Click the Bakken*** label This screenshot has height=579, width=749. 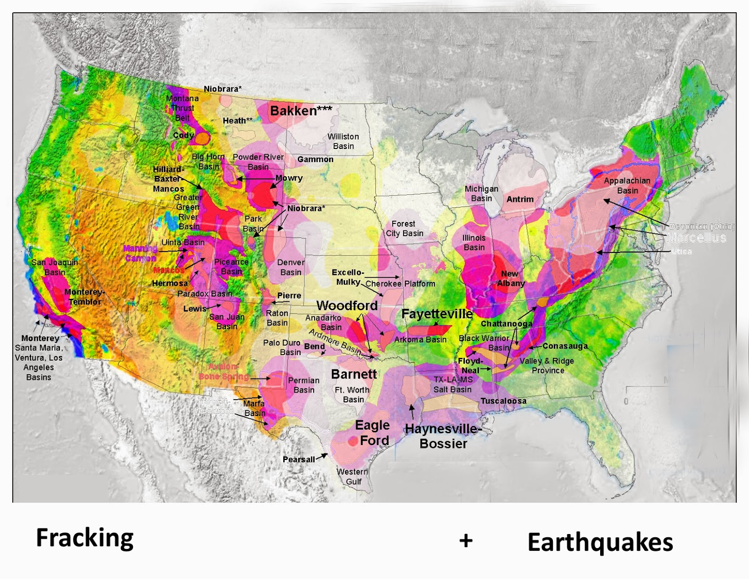coord(301,111)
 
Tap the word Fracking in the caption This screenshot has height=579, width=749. coord(85,538)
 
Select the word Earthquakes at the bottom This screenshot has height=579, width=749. coord(600,542)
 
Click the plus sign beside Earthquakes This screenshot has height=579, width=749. coord(466,541)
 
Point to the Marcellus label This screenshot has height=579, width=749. coord(696,238)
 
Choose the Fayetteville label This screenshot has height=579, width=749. coord(437,314)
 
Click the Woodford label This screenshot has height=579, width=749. coord(347,305)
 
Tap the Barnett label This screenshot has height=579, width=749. coord(354,374)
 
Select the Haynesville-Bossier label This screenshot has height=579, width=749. coord(443,436)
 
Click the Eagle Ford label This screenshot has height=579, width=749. coord(373,433)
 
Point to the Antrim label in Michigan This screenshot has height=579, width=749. coord(520,199)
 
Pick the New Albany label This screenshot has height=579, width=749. coord(510,278)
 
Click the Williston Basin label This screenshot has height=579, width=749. coord(343,141)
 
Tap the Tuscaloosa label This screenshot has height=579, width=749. coord(503,401)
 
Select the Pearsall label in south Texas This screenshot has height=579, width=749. coord(299,460)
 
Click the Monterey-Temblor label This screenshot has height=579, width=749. coord(85,297)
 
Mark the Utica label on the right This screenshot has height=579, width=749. coord(681,252)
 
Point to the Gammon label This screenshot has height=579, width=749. coord(315,159)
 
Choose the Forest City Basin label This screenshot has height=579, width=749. coord(404,229)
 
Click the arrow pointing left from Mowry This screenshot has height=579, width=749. coord(255,178)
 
